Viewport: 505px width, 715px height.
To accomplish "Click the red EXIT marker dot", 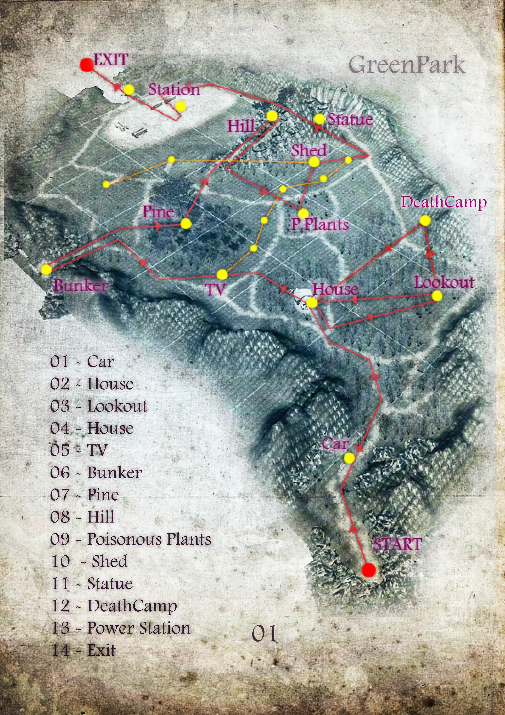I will point(87,65).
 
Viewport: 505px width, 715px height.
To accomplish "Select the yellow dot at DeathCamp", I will point(425,221).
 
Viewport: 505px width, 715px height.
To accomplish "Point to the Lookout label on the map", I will point(444,282).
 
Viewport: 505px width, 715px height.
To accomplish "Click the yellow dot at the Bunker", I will point(46,269).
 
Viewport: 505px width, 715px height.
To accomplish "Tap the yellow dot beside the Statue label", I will point(319,119).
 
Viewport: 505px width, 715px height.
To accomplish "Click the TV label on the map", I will point(216,290).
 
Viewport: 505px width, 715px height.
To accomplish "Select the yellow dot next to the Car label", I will point(349,458).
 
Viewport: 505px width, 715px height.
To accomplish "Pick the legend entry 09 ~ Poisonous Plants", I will point(131,539).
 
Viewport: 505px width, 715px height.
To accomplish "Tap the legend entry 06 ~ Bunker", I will point(96,473).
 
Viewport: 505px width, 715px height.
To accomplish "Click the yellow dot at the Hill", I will point(272,116).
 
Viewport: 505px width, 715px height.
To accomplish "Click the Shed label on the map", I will point(309,151).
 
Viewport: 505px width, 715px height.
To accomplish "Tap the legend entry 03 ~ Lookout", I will point(99,406).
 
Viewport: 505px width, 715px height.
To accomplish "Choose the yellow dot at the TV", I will point(222,275).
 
